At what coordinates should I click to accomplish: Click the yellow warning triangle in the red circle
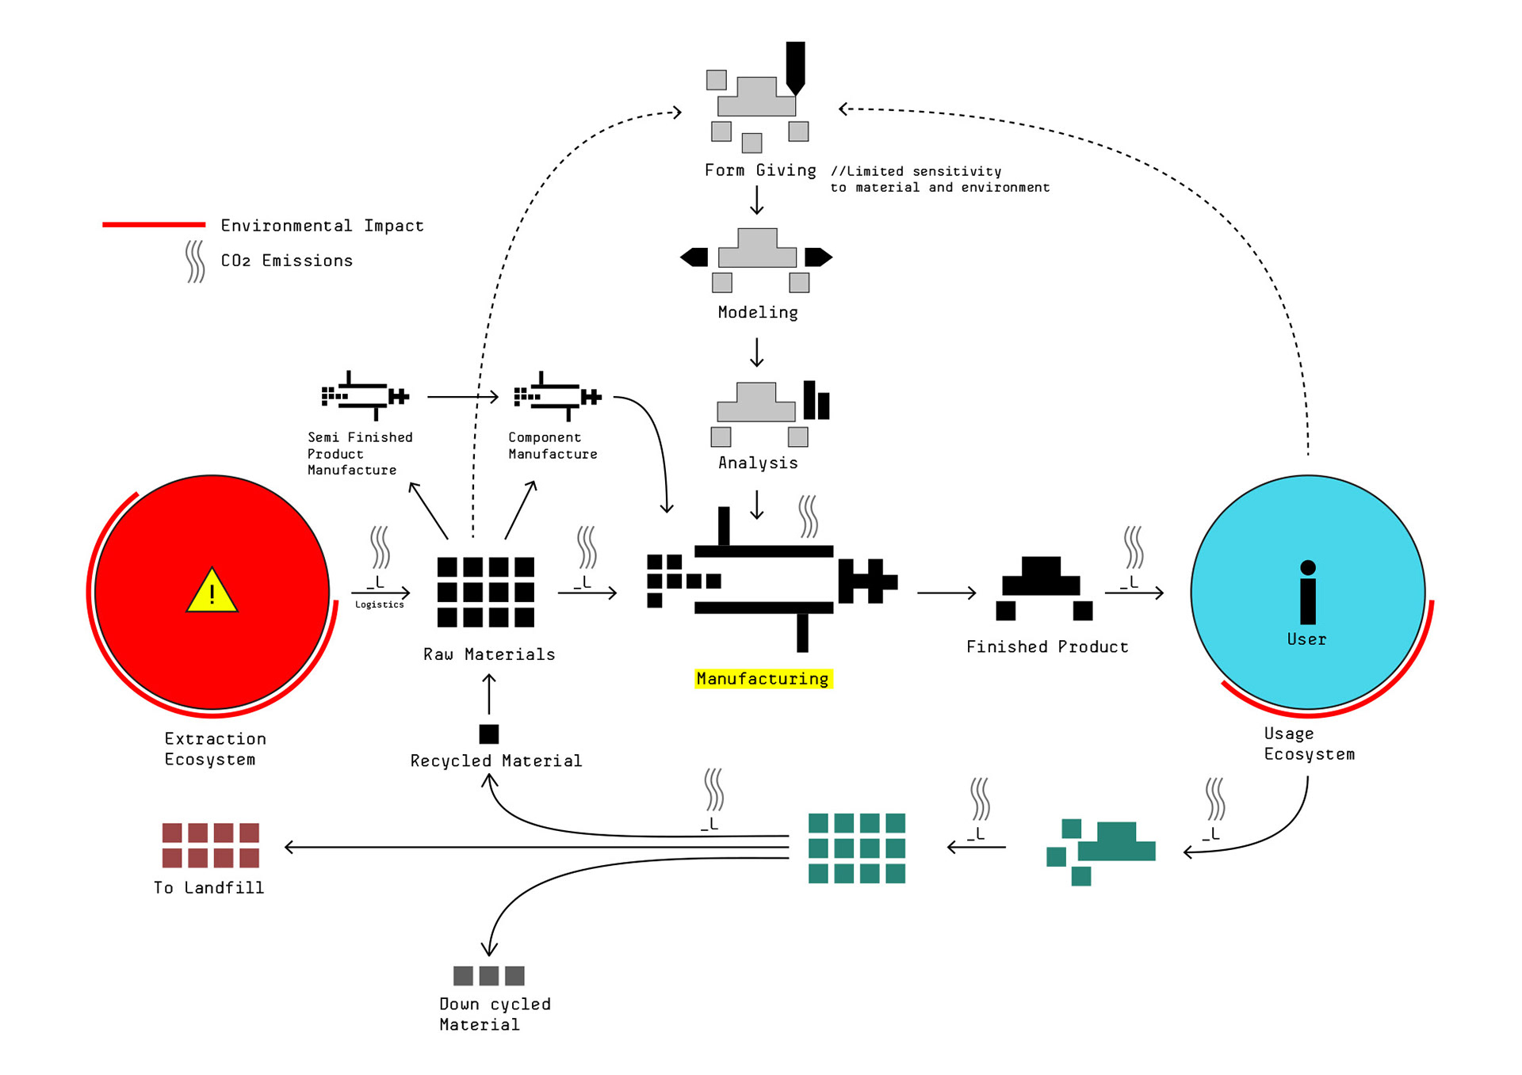point(212,591)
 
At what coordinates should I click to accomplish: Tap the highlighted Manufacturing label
point(763,679)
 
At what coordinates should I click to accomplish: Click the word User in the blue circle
point(1307,639)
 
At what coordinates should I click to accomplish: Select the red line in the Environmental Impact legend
point(154,225)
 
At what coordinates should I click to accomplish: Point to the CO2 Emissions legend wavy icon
point(195,261)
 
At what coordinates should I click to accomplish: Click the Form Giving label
point(760,170)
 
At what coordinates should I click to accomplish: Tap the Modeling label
point(758,312)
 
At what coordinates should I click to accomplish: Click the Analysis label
point(758,463)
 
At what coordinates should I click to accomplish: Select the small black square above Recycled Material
point(489,734)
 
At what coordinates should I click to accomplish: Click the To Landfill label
point(209,888)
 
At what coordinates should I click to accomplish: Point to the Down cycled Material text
point(495,1014)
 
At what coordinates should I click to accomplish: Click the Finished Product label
point(1047,646)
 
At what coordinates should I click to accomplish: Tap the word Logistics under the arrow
point(380,604)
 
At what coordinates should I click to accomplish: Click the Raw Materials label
point(489,654)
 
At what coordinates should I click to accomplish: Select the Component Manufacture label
point(553,445)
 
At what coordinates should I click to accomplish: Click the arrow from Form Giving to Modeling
point(757,200)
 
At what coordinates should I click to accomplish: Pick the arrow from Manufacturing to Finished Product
point(946,593)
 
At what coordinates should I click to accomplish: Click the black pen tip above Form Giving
point(795,68)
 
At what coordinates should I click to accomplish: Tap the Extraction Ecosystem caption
point(215,749)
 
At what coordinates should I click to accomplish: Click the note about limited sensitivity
point(939,179)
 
